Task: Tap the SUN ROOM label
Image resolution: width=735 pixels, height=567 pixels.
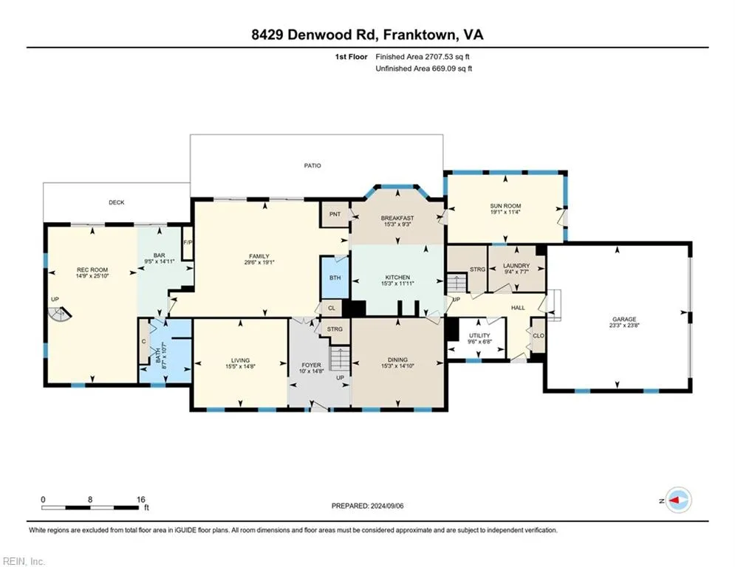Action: coord(506,208)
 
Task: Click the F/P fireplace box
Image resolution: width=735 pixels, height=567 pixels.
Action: coord(188,243)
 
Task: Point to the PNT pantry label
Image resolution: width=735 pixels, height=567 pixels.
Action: coord(335,214)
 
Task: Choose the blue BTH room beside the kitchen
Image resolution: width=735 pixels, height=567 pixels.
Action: coord(335,278)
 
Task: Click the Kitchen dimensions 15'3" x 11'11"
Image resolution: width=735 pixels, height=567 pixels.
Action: coord(397,283)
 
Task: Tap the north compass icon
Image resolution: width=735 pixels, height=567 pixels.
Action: coord(677,500)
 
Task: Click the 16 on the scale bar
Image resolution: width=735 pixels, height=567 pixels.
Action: coord(140,499)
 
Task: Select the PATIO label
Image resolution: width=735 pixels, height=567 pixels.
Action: coord(313,165)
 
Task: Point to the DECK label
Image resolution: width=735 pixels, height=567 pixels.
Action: coord(116,202)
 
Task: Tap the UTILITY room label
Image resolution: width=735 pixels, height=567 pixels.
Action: coord(479,335)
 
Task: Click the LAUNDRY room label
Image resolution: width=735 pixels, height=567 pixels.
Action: coord(516,266)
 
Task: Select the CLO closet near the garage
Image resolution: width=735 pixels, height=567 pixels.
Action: coord(538,335)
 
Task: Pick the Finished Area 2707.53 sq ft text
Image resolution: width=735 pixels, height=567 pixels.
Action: coord(424,56)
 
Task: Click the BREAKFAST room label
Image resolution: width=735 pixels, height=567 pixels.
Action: coord(397,218)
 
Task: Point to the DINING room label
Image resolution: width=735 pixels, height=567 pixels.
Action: coord(397,360)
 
